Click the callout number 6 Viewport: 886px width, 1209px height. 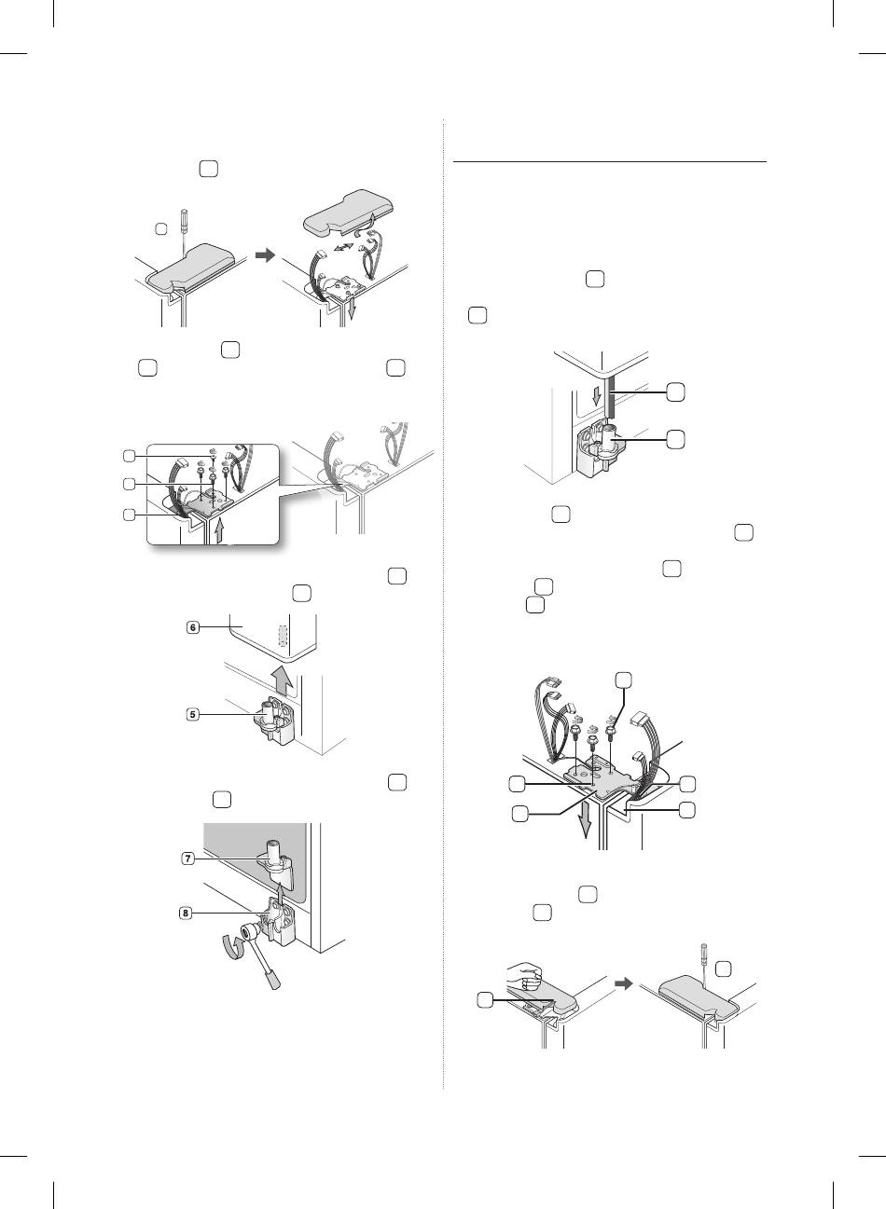(x=193, y=627)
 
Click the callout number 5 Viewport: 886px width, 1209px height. (x=193, y=715)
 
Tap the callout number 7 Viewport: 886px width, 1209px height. (x=187, y=859)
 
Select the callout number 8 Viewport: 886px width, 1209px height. (x=186, y=913)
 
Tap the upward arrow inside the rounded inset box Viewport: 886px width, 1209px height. (x=217, y=531)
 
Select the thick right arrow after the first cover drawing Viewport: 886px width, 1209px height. (x=265, y=255)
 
